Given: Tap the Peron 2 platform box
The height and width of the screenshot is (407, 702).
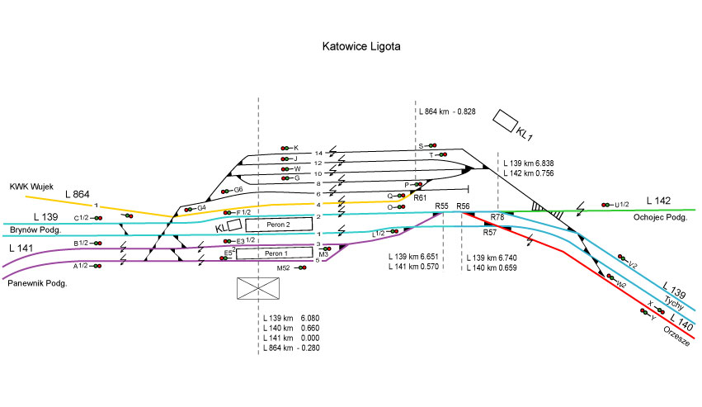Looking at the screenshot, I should point(279,225).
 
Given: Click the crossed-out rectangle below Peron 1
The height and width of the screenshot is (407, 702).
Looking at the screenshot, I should point(257,288).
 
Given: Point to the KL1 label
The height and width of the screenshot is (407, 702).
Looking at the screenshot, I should point(525,132).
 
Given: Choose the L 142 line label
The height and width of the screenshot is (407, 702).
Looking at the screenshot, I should point(659,201).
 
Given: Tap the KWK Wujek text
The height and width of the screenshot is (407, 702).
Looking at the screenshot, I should point(31,187).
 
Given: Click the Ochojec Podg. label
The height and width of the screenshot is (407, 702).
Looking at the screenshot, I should point(659,218).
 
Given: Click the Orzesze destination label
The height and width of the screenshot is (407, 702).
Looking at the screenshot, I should point(675,339).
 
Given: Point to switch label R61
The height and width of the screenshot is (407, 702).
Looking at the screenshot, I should point(419,198).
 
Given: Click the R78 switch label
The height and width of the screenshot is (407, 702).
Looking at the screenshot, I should point(497,217).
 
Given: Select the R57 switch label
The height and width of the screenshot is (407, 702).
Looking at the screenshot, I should point(490,233).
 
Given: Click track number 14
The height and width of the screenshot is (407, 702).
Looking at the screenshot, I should point(318,154).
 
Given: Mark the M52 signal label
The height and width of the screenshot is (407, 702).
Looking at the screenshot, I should point(283,268).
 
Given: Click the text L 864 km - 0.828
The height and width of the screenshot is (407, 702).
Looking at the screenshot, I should point(447,111).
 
